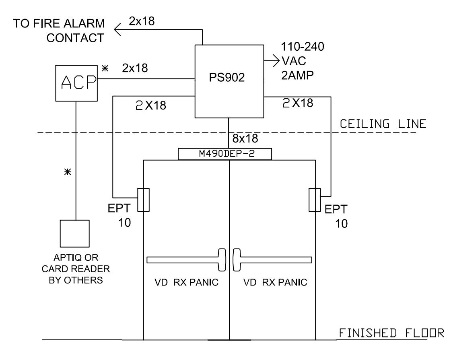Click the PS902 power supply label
click(x=227, y=78)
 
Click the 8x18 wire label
click(x=245, y=139)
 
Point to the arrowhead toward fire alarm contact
click(x=117, y=30)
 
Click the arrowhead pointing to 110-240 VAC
click(x=276, y=61)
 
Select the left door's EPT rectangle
click(x=143, y=200)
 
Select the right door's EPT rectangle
click(x=315, y=200)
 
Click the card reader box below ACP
click(x=74, y=234)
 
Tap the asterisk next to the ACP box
click(x=105, y=68)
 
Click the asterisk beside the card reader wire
click(x=68, y=172)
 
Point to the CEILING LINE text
click(x=383, y=124)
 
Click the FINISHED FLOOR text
click(x=391, y=333)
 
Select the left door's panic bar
click(x=186, y=260)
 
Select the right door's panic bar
click(x=272, y=260)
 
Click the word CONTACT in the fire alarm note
click(x=75, y=38)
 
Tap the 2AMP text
click(x=297, y=76)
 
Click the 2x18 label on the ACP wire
click(x=135, y=68)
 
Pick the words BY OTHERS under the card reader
click(x=76, y=280)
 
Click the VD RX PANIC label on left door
click(x=186, y=282)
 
